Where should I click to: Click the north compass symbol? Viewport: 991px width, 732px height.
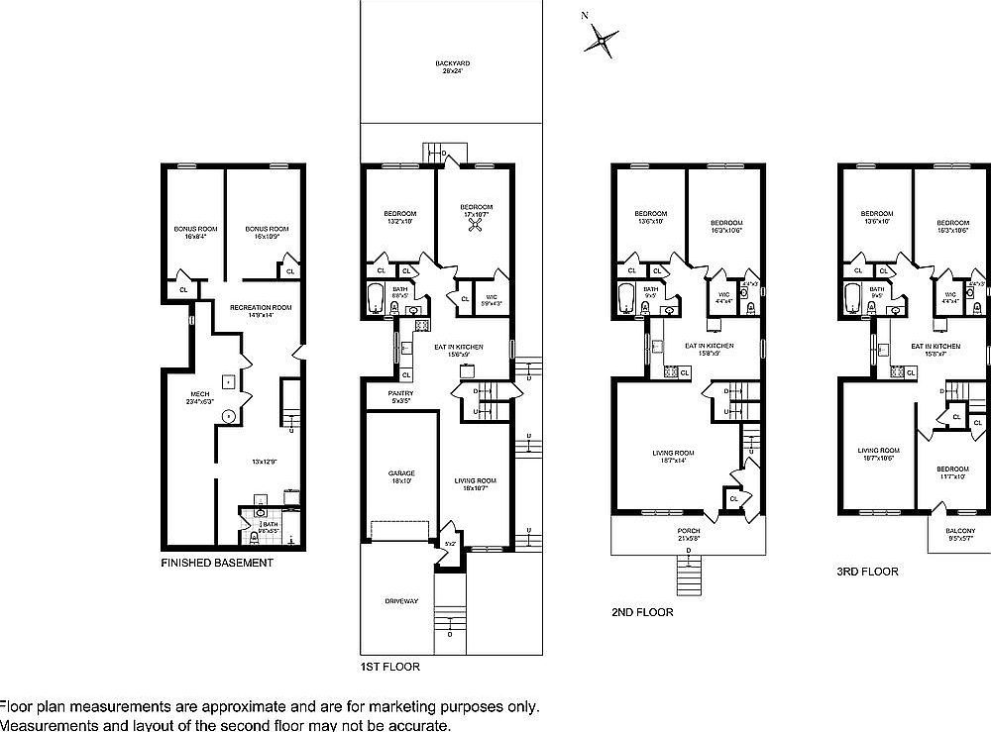point(601,40)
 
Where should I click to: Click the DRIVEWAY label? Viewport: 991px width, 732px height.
point(401,601)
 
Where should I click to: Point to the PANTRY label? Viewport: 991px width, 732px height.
point(401,397)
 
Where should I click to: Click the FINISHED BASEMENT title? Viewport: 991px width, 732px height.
point(216,563)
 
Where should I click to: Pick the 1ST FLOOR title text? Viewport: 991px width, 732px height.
point(389,668)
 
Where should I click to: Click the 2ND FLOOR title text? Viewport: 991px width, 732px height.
point(642,612)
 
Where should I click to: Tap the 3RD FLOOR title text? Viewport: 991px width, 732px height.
point(867,572)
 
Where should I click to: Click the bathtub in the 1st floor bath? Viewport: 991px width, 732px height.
point(376,299)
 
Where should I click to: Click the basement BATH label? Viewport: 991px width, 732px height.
point(270,525)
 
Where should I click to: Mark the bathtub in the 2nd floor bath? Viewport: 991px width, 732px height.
point(626,298)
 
